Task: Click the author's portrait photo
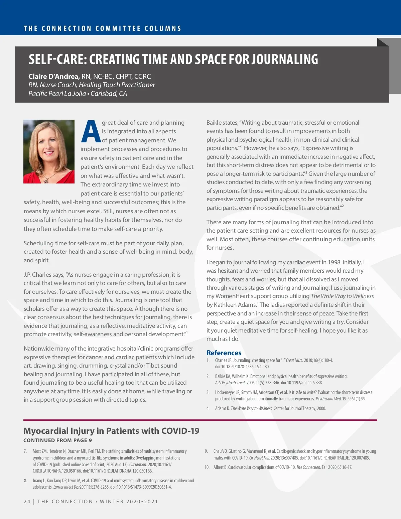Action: pyautogui.click(x=49, y=151)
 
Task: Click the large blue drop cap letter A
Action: pyautogui.click(x=91, y=132)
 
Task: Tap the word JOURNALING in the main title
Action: pyautogui.click(x=285, y=59)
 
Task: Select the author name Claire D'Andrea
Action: pyautogui.click(x=54, y=77)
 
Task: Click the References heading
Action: pyautogui.click(x=224, y=353)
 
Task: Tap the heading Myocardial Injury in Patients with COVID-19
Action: pyautogui.click(x=111, y=431)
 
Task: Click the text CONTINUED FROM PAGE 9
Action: pyautogui.click(x=57, y=440)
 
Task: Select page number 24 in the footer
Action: pyautogui.click(x=27, y=502)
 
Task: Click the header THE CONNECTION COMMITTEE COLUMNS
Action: pyautogui.click(x=102, y=29)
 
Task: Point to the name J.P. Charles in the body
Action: pyautogui.click(x=37, y=275)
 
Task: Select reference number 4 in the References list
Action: pyautogui.click(x=208, y=408)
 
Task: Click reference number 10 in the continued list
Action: pyautogui.click(x=207, y=467)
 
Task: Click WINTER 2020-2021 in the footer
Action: pyautogui.click(x=129, y=502)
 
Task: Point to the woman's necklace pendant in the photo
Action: pyautogui.click(x=46, y=180)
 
